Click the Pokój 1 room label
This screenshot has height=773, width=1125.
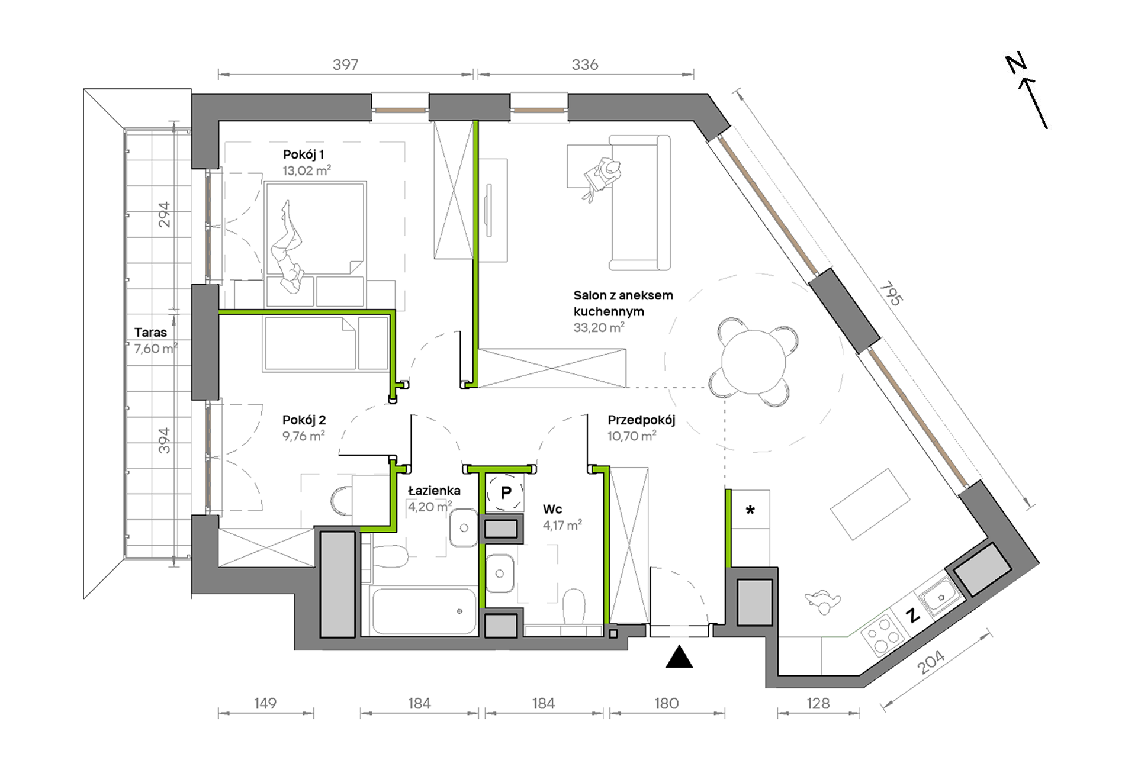pyautogui.click(x=303, y=155)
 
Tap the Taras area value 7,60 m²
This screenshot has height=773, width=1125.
pyautogui.click(x=156, y=349)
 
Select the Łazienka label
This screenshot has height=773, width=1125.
pyautogui.click(x=434, y=491)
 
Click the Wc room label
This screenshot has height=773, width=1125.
pyautogui.click(x=552, y=509)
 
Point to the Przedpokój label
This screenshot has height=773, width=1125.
pyautogui.click(x=641, y=420)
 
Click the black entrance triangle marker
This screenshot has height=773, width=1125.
pyautogui.click(x=679, y=657)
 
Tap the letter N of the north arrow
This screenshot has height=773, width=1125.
pyautogui.click(x=1016, y=63)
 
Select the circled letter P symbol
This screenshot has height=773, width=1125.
pyautogui.click(x=506, y=492)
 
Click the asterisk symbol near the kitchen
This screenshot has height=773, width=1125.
pyautogui.click(x=750, y=510)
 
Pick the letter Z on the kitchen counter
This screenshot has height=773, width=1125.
pyautogui.click(x=914, y=616)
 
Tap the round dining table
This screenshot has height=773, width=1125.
pyautogui.click(x=753, y=361)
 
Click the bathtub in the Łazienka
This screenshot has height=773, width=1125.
pyautogui.click(x=424, y=611)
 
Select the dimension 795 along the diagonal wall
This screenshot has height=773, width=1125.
pyautogui.click(x=890, y=294)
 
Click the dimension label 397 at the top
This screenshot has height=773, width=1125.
pyautogui.click(x=345, y=65)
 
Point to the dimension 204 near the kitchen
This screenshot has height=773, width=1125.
pyautogui.click(x=930, y=662)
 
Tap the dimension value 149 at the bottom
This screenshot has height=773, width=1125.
pyautogui.click(x=265, y=703)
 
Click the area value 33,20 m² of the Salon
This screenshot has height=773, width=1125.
pyautogui.click(x=599, y=327)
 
